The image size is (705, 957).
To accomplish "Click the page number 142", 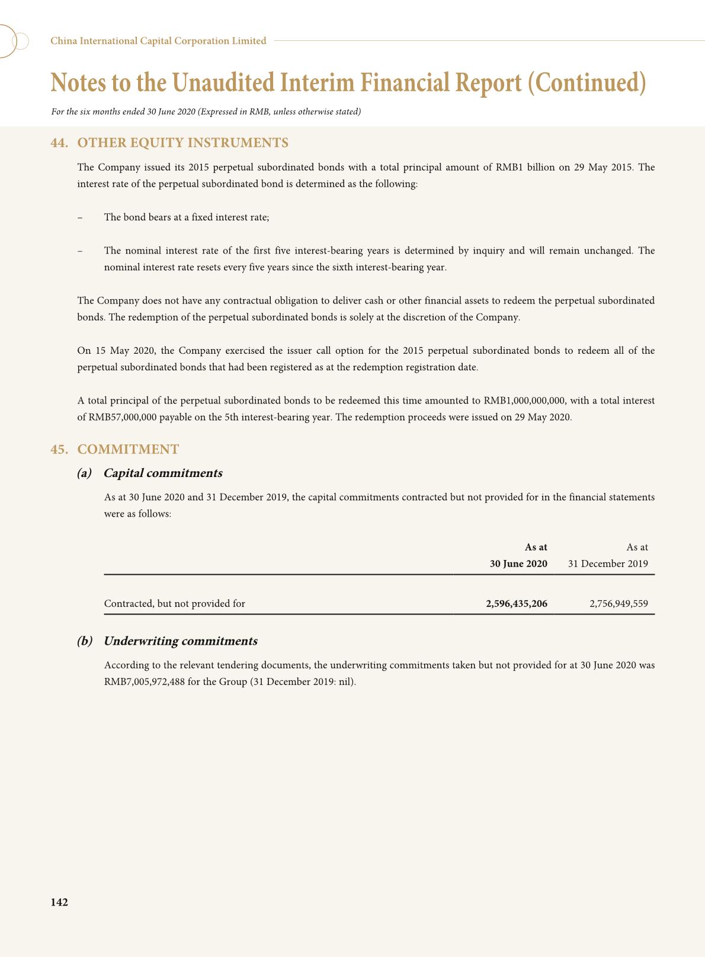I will point(59,902).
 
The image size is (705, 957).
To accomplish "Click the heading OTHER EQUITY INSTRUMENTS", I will point(182,143).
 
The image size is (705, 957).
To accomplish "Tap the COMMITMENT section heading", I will point(128,449).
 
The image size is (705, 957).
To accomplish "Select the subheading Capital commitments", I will point(162,473).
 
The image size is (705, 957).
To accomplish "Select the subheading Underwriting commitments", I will point(180,641).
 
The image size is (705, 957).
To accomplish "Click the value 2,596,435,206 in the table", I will point(516,604).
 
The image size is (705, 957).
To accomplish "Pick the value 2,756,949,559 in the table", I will point(619,604).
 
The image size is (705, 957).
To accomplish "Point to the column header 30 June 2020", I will point(518,564).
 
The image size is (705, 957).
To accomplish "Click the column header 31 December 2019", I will point(608,564).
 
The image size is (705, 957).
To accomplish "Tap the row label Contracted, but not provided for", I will point(174,604).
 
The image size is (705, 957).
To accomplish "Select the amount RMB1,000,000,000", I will point(525,401).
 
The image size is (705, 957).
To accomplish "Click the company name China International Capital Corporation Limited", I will point(158,41).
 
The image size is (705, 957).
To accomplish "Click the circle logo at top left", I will point(13,41).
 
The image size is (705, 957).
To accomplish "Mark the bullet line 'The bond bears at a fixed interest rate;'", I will point(186,217).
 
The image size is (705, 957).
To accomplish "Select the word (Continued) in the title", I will point(586,83).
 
